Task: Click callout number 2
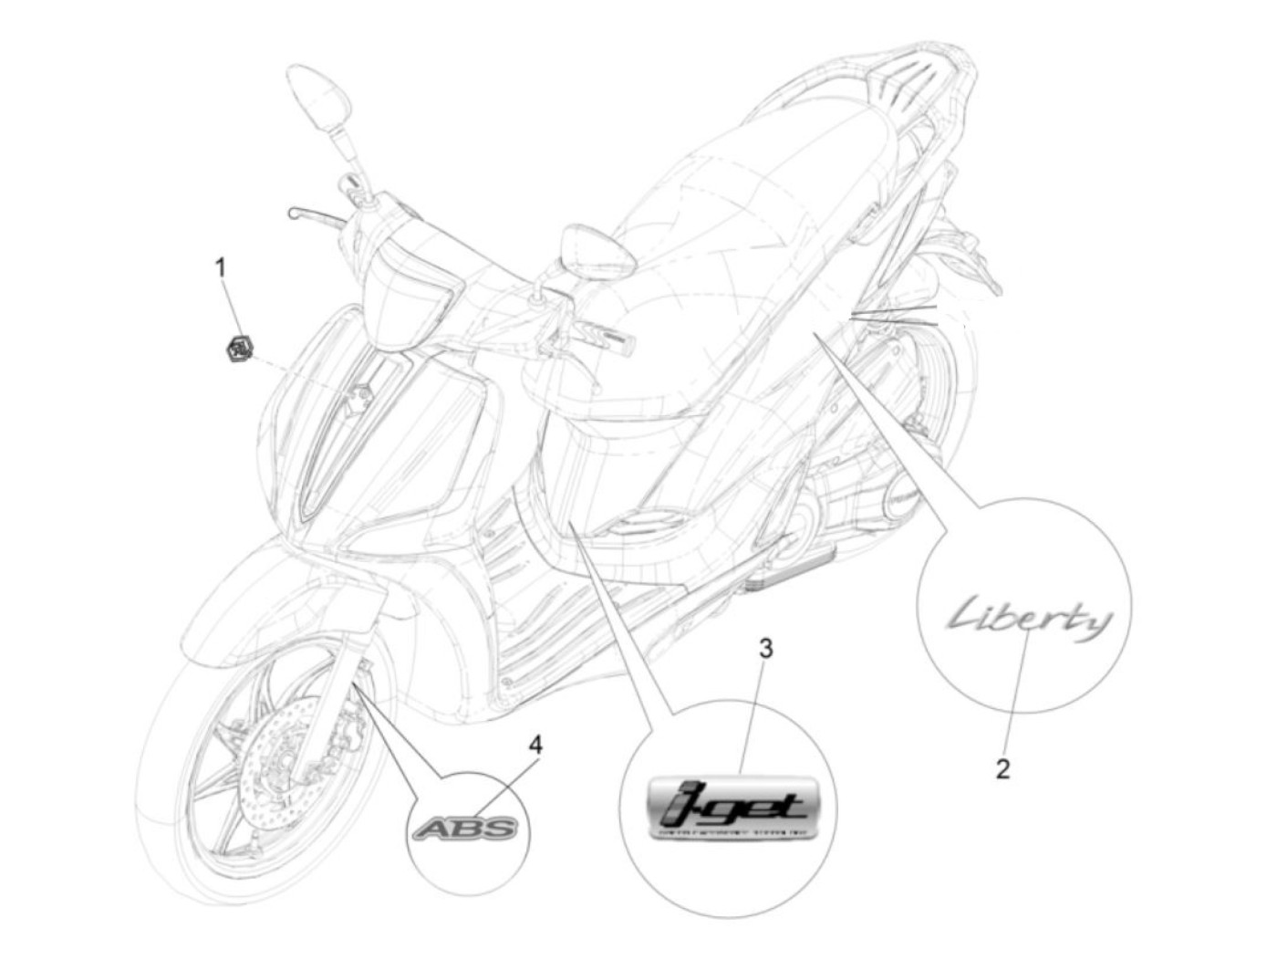click(x=1002, y=768)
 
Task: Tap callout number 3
click(x=765, y=648)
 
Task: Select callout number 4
click(x=535, y=745)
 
